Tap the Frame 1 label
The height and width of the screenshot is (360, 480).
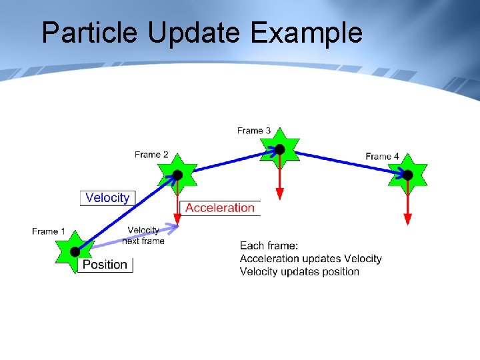coord(49,231)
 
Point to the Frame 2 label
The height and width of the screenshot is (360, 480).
coord(151,155)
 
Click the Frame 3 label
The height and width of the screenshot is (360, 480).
coord(254,131)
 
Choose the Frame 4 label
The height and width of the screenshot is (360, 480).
coord(382,156)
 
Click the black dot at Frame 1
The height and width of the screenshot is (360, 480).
coord(75,251)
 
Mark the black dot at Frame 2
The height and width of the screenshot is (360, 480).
coord(177,175)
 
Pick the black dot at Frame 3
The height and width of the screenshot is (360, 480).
coord(280,149)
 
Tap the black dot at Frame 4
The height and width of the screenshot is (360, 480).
coord(407,175)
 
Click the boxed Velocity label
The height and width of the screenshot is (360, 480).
coord(107,198)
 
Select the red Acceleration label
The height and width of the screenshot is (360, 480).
coord(220,208)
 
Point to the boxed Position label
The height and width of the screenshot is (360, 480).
coord(105,265)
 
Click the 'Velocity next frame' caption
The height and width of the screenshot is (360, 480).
coord(143,235)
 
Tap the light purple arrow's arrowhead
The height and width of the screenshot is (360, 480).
coord(175,228)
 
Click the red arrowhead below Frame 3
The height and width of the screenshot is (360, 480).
coord(280,194)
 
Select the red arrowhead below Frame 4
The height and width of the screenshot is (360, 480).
coord(407,219)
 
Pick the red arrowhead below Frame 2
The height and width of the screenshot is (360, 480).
coord(177,219)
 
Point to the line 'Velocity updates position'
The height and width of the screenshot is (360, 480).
coord(299,271)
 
